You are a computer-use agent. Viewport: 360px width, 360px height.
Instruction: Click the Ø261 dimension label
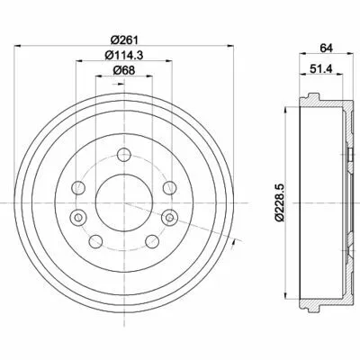[123, 40]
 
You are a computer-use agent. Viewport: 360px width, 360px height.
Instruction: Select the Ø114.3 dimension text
[123, 55]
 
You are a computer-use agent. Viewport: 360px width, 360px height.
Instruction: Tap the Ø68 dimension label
[123, 70]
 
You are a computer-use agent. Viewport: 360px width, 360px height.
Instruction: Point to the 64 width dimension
[326, 48]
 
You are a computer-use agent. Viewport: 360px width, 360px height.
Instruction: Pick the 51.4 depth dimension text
[321, 68]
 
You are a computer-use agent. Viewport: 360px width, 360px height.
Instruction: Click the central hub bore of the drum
[124, 202]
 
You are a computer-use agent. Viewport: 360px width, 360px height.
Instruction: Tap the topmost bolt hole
[124, 155]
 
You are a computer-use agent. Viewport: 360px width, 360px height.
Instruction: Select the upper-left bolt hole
[78, 188]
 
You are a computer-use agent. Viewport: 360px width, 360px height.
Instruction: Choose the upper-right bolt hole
[169, 188]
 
